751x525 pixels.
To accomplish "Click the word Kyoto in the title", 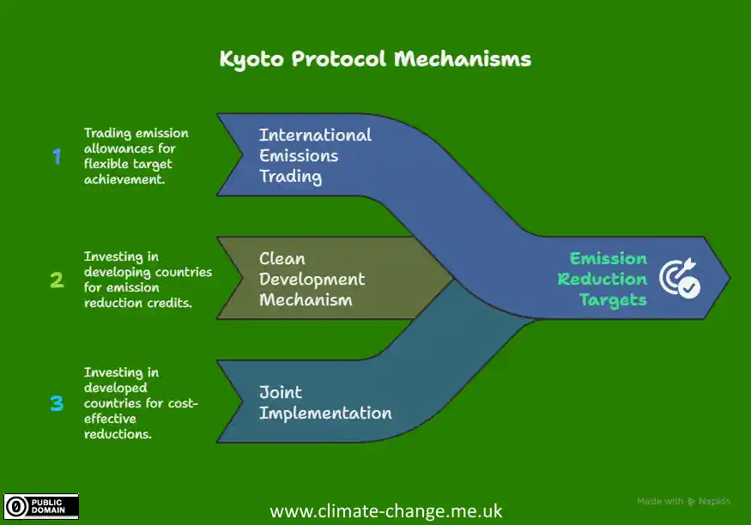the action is (251, 59).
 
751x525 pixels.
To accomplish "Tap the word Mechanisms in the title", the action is (463, 59).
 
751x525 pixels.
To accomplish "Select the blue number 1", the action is (57, 156).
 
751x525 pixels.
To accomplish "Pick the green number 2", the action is (57, 280).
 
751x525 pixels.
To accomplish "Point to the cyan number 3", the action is (57, 403).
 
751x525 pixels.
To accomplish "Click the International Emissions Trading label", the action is (315, 155).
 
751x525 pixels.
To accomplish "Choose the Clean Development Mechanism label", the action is (312, 279).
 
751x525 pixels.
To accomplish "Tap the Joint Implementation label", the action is (325, 402).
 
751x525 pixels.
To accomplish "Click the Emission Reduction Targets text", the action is (602, 279).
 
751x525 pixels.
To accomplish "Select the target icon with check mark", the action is (680, 278).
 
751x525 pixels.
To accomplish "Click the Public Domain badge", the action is (41, 506).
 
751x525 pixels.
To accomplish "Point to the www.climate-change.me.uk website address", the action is (386, 511).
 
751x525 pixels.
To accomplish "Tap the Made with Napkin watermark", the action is (683, 502).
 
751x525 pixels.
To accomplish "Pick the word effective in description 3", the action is (110, 419).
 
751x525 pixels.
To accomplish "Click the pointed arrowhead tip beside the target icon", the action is (730, 278).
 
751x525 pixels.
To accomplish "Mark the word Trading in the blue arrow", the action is (291, 177).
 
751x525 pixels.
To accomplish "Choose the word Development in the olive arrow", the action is (312, 280).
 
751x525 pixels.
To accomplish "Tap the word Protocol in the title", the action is (339, 59).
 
